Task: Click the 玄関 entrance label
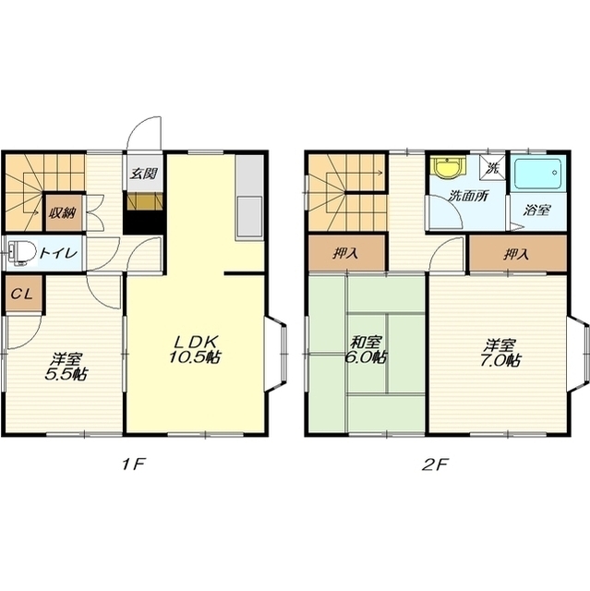143,174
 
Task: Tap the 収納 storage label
62,213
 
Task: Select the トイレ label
59,252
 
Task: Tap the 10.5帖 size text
195,357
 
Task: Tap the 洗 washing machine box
492,167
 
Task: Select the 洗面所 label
469,197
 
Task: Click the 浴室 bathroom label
537,210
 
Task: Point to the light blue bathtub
540,174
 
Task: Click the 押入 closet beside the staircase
346,253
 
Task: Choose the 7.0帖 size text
500,360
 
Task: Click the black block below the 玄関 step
144,223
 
